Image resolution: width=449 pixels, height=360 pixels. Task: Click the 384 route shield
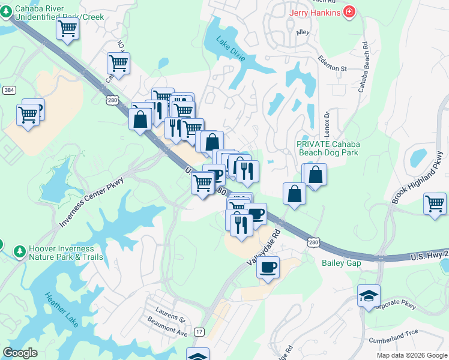tap(9, 90)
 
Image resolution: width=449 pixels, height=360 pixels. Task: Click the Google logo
tap(20, 352)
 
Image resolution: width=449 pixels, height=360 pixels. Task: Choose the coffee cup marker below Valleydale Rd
tap(268, 266)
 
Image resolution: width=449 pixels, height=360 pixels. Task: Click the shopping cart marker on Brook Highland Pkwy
tap(435, 203)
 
